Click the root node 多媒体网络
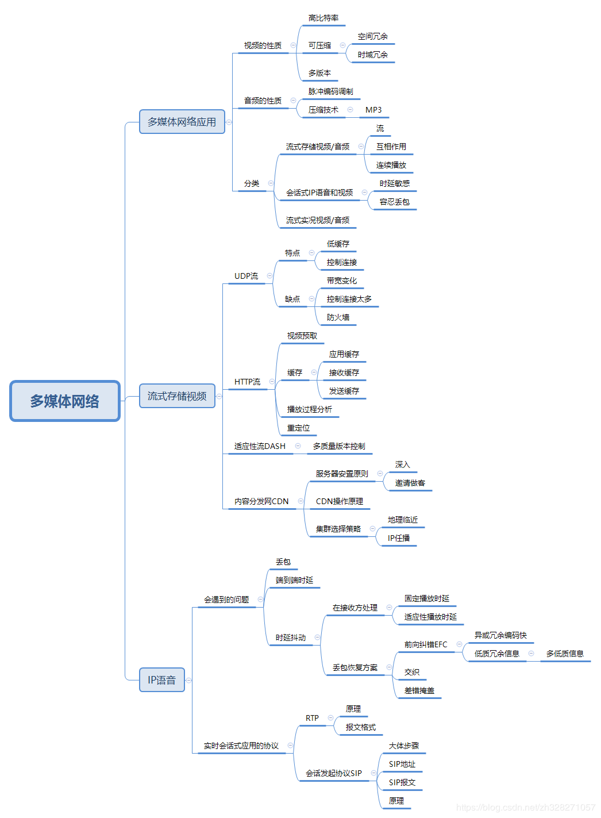tap(65, 401)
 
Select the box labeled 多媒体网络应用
tap(182, 122)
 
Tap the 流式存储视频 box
tap(177, 396)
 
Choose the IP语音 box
tap(161, 680)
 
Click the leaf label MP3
tap(373, 110)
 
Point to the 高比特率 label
tap(323, 18)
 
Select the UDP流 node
tap(246, 276)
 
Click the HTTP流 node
tap(247, 382)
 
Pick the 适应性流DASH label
tap(260, 446)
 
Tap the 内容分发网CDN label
tap(261, 501)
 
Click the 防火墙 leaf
tap(338, 317)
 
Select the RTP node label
tap(312, 718)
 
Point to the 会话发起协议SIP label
tap(334, 773)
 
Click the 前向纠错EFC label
tap(426, 644)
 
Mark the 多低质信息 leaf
tap(565, 654)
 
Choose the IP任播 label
tap(399, 538)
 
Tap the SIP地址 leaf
tap(402, 764)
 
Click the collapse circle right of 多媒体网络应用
tap(229, 122)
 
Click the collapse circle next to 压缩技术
tap(350, 110)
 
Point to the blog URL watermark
tap(526, 808)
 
